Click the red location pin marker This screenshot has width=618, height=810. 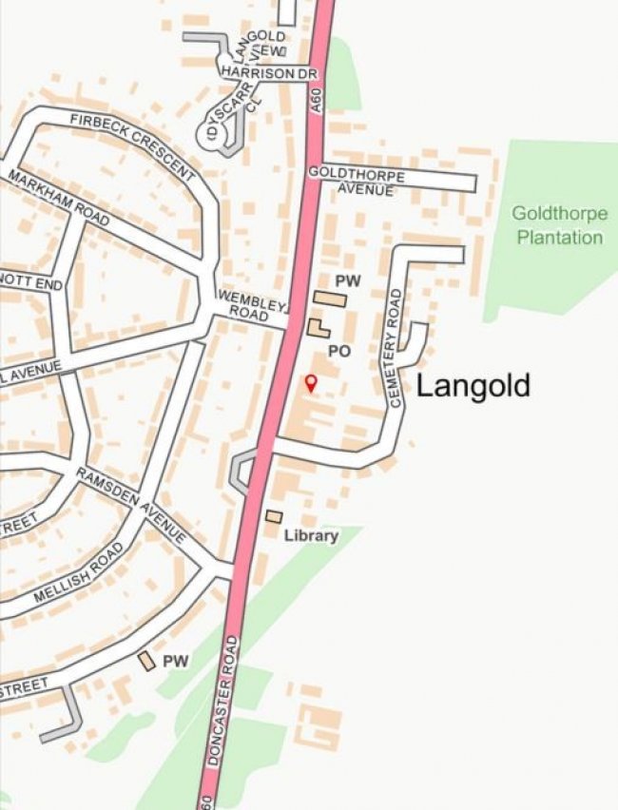pyautogui.click(x=309, y=382)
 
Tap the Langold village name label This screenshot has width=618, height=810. pyautogui.click(x=473, y=386)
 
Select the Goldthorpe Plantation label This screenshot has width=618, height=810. pyautogui.click(x=559, y=225)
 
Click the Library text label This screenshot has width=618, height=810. pyautogui.click(x=311, y=536)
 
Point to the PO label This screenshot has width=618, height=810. pyautogui.click(x=339, y=351)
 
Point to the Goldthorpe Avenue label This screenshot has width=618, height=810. pyautogui.click(x=357, y=183)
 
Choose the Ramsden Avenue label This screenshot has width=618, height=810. pyautogui.click(x=132, y=505)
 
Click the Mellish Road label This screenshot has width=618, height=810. pyautogui.click(x=79, y=572)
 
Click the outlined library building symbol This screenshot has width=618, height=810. pyautogui.click(x=274, y=516)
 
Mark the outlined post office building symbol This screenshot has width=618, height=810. pyautogui.click(x=318, y=329)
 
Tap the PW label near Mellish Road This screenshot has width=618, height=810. pyautogui.click(x=176, y=661)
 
